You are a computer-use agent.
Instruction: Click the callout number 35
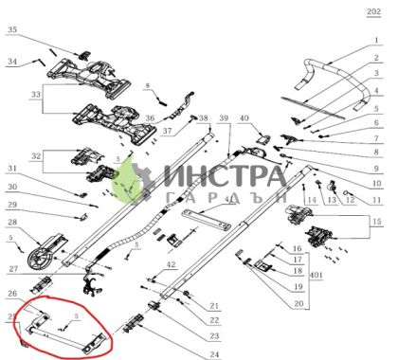click(x=13, y=30)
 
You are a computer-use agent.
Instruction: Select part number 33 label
click(x=37, y=95)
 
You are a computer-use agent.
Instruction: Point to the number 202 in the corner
click(x=371, y=11)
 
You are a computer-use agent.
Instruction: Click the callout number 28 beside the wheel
click(x=13, y=223)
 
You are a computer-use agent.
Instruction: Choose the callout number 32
click(x=37, y=153)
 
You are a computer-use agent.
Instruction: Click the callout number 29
click(x=13, y=205)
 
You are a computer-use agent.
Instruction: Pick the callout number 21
click(x=215, y=305)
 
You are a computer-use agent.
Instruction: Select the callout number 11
click(x=376, y=200)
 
